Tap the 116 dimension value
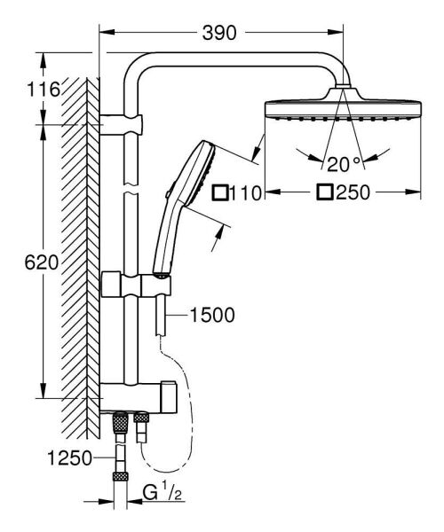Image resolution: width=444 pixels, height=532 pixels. click(x=43, y=89)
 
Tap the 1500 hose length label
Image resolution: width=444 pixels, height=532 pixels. click(x=212, y=316)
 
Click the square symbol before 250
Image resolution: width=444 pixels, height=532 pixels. click(x=326, y=192)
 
